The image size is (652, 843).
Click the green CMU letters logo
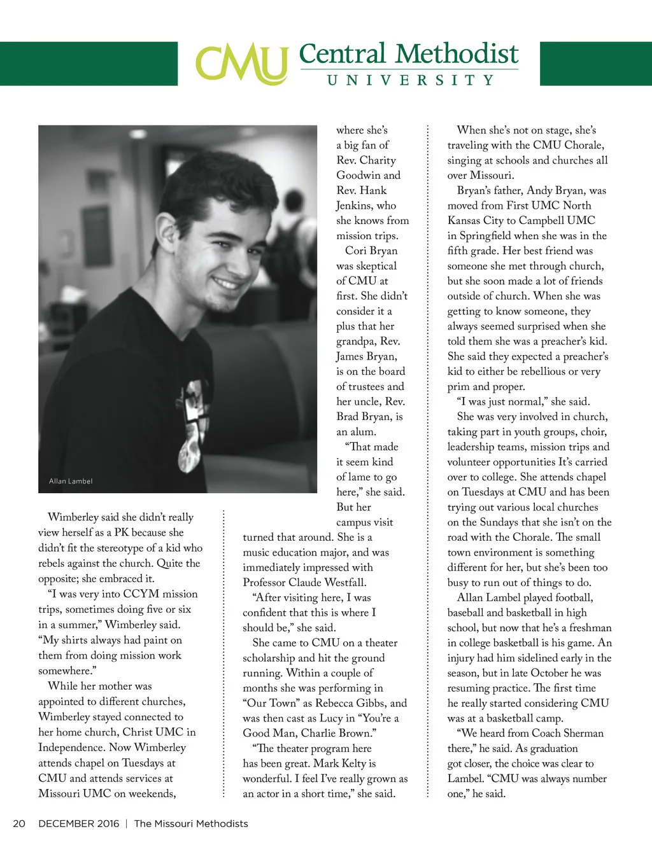(241, 64)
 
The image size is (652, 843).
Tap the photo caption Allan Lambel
(71, 481)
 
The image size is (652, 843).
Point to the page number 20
(19, 823)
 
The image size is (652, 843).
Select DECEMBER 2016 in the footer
(78, 823)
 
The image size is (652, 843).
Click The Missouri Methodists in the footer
(191, 823)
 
